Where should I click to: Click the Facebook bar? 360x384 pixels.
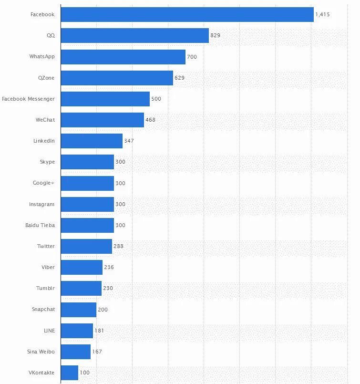187,15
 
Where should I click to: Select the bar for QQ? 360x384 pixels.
135,36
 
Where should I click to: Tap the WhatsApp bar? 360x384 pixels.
123,57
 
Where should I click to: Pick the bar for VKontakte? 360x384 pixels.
70,373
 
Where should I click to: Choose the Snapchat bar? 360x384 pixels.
79,310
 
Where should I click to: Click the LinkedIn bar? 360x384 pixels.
92,141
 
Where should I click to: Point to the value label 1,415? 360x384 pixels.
322,15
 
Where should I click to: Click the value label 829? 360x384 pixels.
215,36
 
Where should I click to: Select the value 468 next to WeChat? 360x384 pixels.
150,120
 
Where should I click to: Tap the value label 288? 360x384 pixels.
118,246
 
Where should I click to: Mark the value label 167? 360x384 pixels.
97,352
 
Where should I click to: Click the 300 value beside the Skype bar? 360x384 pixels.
120,162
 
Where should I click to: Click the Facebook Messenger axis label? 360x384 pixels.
28,99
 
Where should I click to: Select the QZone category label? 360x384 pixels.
45,78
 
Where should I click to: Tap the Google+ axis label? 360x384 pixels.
44,183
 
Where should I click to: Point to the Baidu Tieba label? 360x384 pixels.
40,225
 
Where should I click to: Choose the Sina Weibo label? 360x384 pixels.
41,352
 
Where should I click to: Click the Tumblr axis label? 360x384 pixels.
45,288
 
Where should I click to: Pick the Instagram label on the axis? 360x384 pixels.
42,204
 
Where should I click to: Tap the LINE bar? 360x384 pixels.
77,331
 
